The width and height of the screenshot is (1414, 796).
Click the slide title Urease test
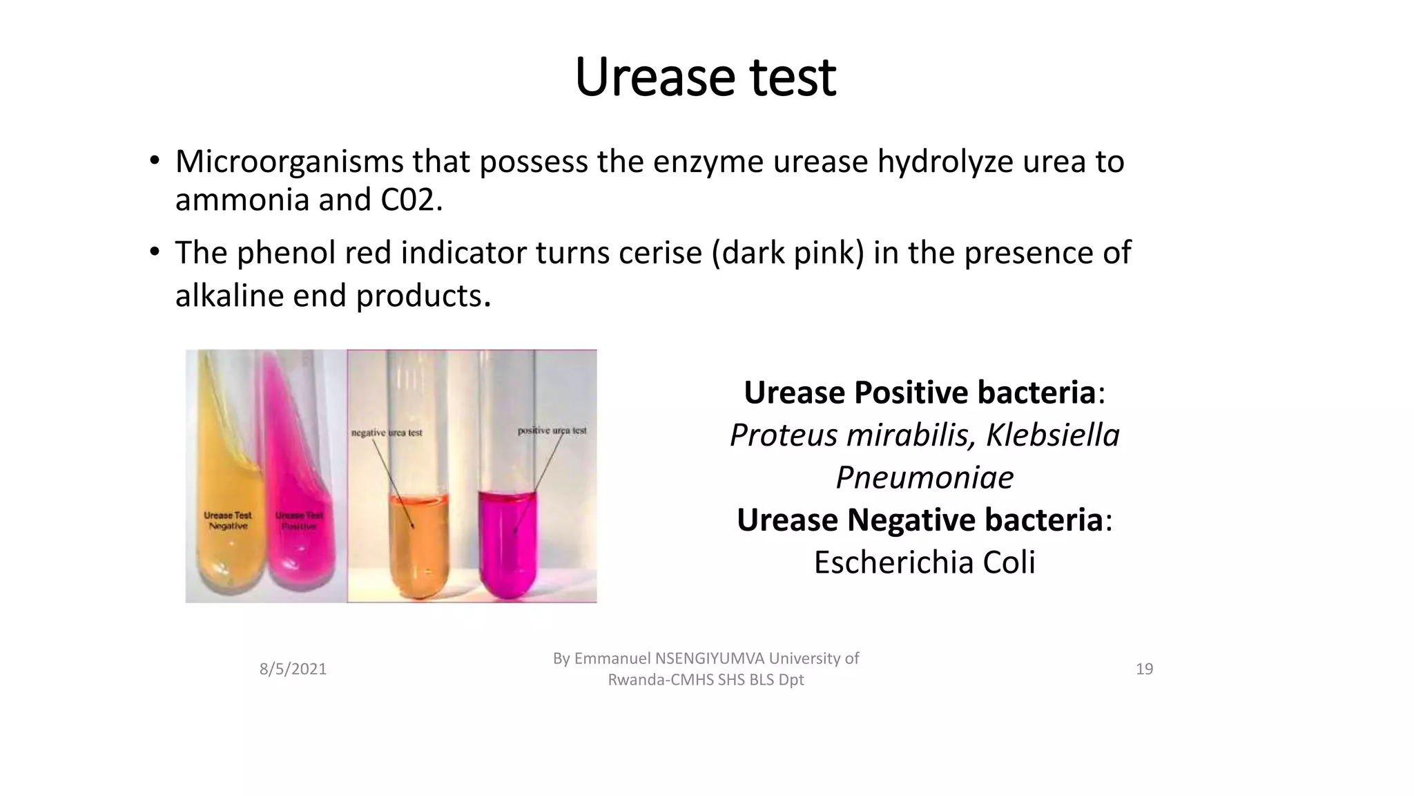coord(705,77)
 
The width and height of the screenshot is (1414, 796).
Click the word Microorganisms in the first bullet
coord(289,162)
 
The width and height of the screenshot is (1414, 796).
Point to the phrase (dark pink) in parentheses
coord(788,253)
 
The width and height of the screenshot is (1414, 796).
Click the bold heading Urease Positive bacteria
coord(920,392)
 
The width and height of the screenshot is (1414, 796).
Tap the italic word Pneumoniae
coord(924,477)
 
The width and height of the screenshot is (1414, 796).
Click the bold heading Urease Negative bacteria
coord(920,520)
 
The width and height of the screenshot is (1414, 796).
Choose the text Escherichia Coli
coord(924,562)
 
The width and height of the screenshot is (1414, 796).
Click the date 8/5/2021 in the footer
coord(293,669)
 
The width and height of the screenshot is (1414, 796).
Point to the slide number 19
coord(1144,669)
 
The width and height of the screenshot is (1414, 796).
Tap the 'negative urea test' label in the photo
coord(387,433)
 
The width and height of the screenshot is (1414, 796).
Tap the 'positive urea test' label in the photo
coord(552,430)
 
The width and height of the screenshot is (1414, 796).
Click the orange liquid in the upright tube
coord(418,546)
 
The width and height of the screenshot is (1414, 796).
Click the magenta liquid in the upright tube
coord(507,546)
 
